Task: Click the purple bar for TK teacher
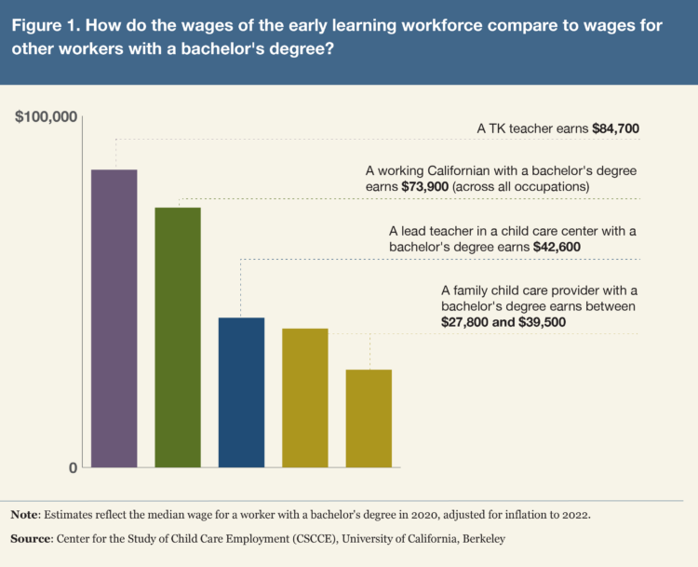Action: click(x=114, y=317)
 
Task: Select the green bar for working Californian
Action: click(x=178, y=336)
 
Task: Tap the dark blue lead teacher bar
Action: click(x=241, y=392)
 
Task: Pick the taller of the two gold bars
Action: click(x=305, y=398)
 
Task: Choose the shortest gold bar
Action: click(x=369, y=418)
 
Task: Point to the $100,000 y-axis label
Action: click(x=44, y=117)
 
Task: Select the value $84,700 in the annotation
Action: click(x=615, y=128)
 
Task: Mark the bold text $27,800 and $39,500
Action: click(x=503, y=321)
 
